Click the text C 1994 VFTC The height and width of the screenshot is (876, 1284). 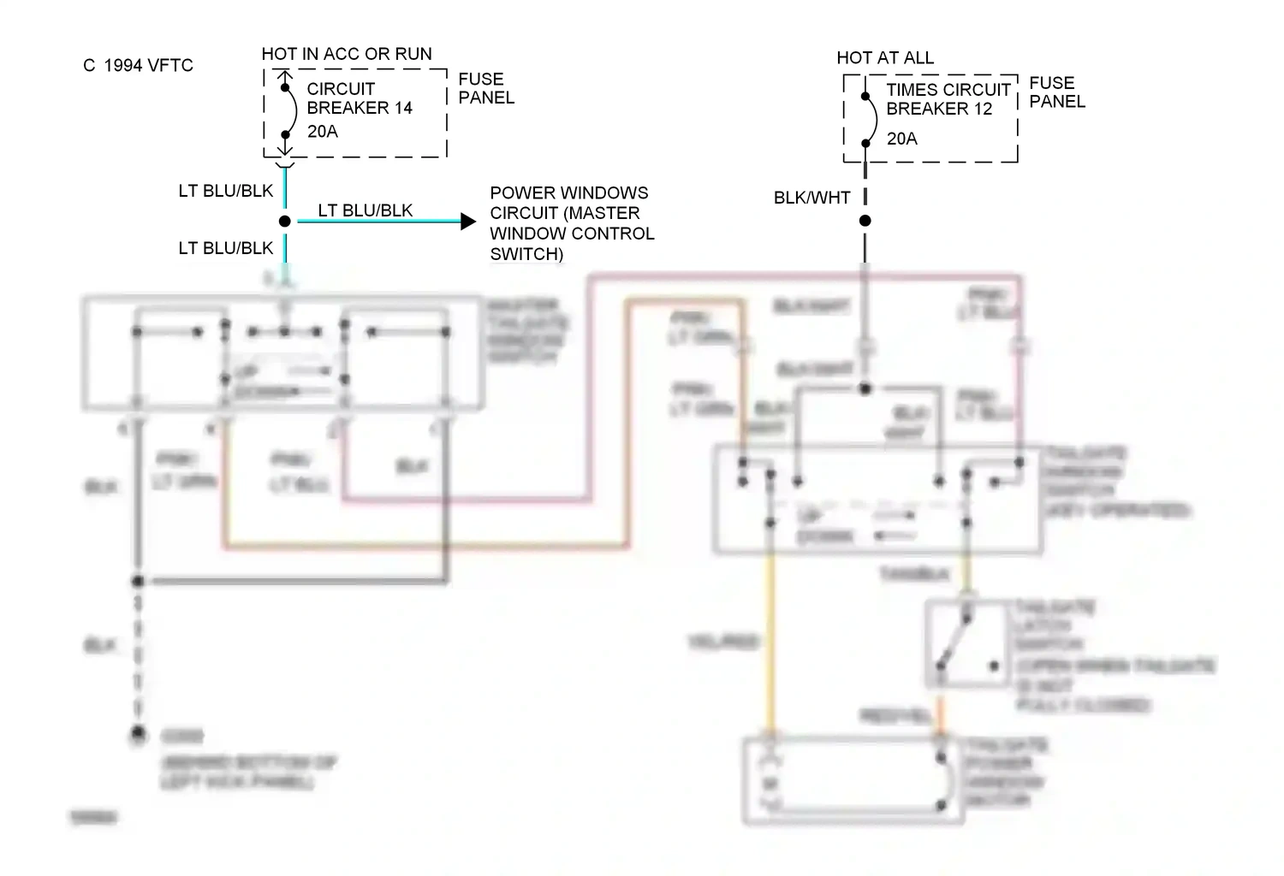(138, 66)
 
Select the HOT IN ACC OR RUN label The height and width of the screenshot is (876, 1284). (347, 54)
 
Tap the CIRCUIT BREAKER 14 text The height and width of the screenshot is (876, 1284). (359, 98)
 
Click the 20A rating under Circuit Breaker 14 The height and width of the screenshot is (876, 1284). (322, 132)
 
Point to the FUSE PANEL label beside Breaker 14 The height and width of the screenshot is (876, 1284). (485, 88)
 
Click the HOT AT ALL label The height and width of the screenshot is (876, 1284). (885, 58)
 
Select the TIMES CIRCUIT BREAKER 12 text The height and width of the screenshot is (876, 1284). (948, 99)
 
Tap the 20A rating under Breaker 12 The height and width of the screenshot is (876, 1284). (901, 139)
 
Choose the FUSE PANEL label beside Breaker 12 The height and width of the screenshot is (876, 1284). (1056, 92)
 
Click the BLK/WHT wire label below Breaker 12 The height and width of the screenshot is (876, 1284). (811, 198)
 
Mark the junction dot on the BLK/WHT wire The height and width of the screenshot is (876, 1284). (865, 221)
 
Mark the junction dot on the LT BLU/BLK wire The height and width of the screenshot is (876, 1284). (285, 222)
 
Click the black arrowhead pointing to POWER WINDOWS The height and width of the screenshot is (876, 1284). (467, 222)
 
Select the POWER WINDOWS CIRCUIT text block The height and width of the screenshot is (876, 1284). (571, 223)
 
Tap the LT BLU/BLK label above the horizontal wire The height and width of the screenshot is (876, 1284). (366, 210)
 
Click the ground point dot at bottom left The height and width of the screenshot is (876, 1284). (138, 734)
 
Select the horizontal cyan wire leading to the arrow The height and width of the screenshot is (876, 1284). (377, 222)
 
